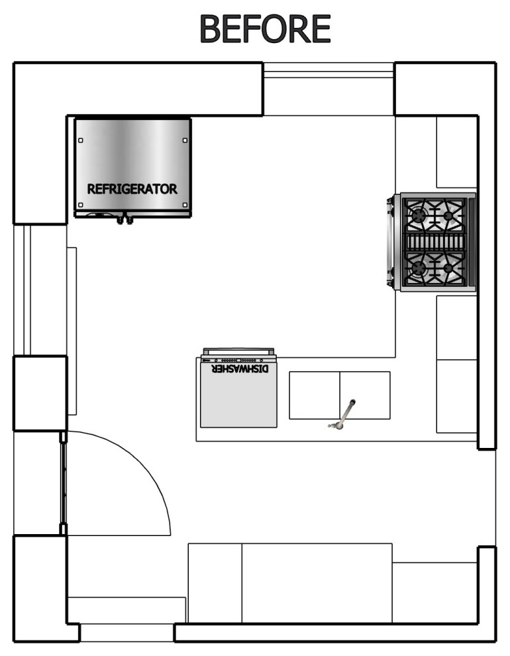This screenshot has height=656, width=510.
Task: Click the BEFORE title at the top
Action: coord(265,28)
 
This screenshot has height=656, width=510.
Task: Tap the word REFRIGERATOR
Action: coord(132,189)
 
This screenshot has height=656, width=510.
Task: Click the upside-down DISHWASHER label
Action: coord(240,369)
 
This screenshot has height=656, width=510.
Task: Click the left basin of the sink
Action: coord(315,396)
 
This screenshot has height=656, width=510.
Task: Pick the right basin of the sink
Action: coord(365,396)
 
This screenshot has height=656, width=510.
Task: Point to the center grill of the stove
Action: coord(434,243)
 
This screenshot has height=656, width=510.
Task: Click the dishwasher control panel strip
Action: coord(238,359)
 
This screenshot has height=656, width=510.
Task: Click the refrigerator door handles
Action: coord(125,219)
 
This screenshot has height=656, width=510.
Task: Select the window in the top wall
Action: coord(329,70)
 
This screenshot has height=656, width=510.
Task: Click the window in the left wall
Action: coord(22,290)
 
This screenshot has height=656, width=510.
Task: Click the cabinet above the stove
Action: coord(457,152)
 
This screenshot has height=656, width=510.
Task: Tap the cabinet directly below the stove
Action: coord(457,327)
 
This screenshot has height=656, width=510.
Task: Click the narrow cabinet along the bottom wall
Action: coord(215,583)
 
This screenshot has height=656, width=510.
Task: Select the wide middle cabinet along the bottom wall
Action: coord(317,583)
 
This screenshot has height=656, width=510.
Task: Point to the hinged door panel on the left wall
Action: coord(63,483)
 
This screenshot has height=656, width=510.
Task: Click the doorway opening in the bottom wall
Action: coord(127,633)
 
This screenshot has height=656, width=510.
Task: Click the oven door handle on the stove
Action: coord(390,243)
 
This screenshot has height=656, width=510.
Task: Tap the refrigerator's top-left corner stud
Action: coord(81,140)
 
